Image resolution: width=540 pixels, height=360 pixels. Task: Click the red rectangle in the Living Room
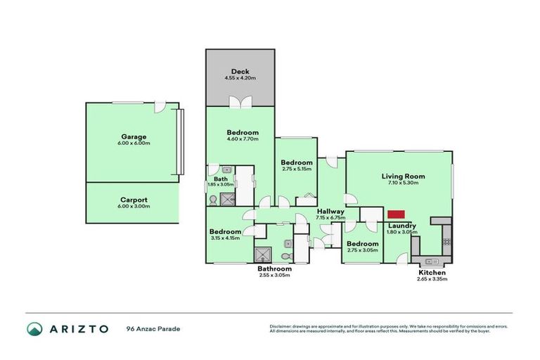(x=396, y=214)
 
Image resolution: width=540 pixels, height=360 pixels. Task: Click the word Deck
(x=240, y=71)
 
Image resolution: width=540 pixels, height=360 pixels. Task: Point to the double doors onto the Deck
(x=240, y=103)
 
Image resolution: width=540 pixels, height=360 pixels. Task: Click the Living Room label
(x=399, y=176)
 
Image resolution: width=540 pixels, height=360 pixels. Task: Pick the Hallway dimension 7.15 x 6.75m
(x=330, y=218)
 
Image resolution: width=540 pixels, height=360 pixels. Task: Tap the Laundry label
(x=401, y=225)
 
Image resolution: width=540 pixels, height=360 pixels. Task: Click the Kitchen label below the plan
(x=432, y=272)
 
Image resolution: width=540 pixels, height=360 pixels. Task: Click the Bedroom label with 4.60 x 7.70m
(x=243, y=132)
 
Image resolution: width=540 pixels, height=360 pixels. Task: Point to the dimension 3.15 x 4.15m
(x=225, y=238)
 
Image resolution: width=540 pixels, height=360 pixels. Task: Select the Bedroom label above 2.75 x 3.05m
(x=363, y=244)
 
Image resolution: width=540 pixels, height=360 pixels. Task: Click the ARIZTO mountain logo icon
(x=34, y=328)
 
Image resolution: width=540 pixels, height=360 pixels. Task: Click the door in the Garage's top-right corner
(x=162, y=107)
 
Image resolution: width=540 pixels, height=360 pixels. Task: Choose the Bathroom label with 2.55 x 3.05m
(x=274, y=269)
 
